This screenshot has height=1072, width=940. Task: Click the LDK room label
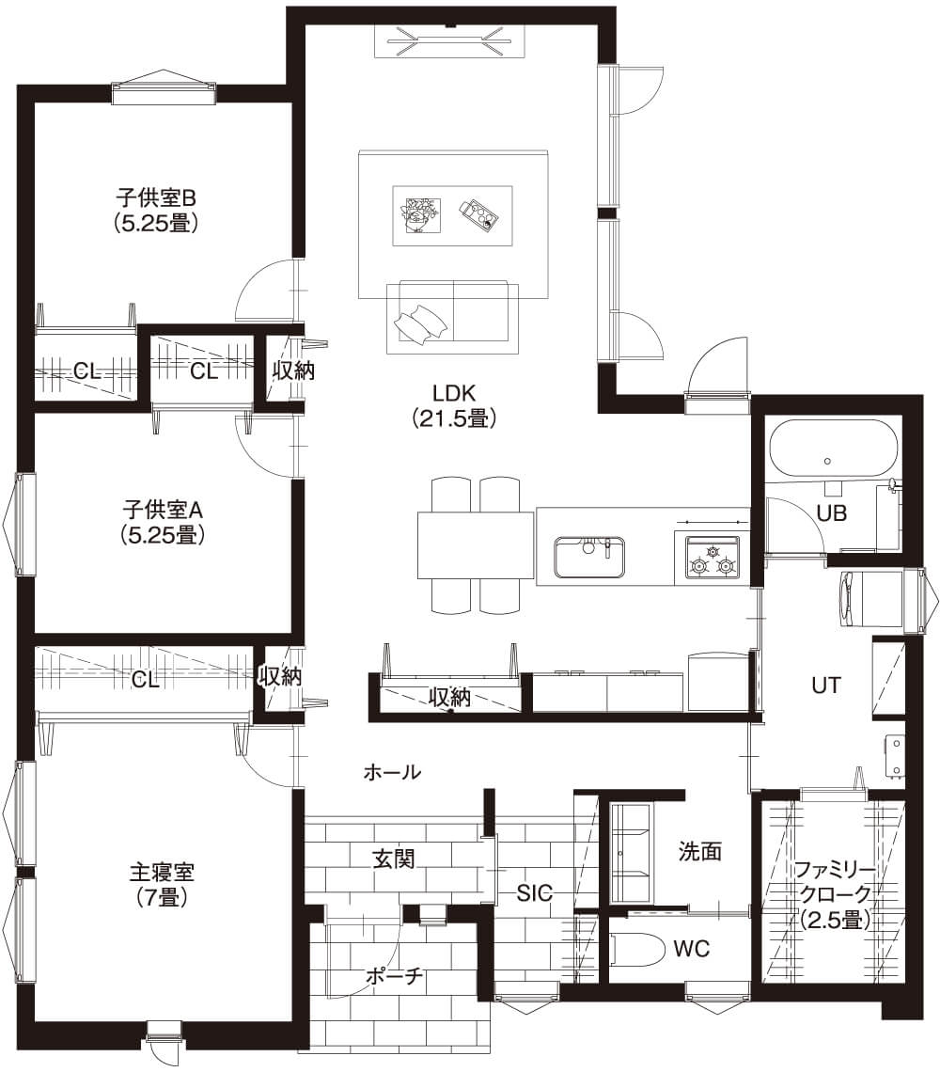[x=454, y=405]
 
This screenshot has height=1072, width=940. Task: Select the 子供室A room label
[x=163, y=522]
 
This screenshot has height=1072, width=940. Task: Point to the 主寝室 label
[x=162, y=884]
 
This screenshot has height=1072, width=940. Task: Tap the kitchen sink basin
[x=589, y=557]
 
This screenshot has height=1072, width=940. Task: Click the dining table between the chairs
[x=476, y=545]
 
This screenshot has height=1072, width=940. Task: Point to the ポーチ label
[x=395, y=976]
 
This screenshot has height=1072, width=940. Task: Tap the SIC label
[x=534, y=893]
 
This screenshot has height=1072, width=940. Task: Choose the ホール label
[x=392, y=773]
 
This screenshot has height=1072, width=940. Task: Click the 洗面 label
[x=699, y=851]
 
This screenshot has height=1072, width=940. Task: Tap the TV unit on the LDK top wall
[x=450, y=41]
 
